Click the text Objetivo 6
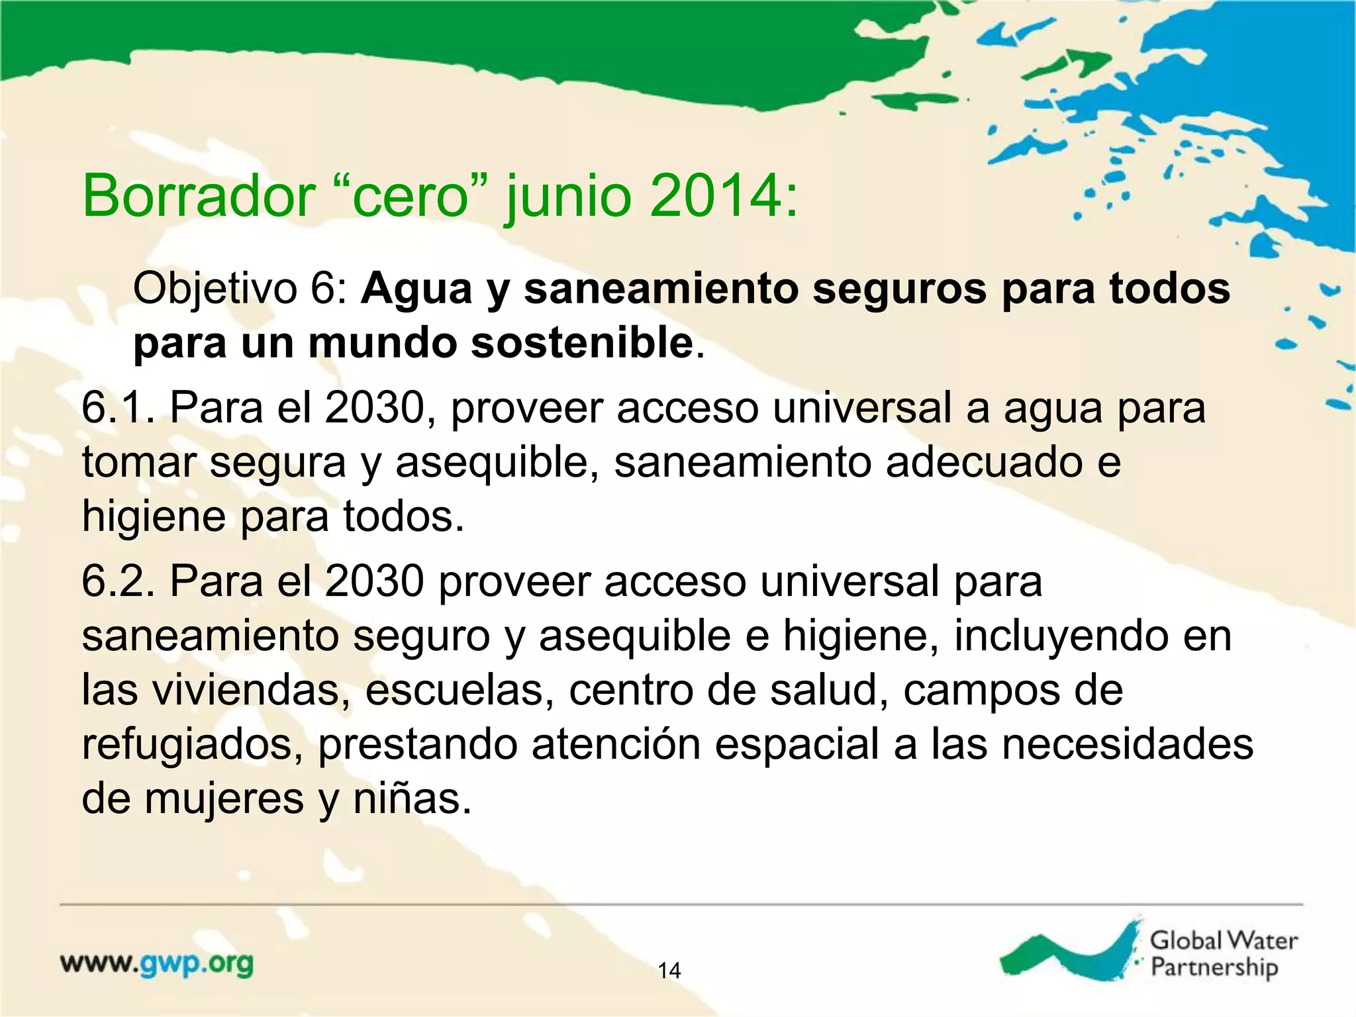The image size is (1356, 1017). (240, 289)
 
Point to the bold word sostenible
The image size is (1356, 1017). (582, 344)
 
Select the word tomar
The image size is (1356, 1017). (138, 463)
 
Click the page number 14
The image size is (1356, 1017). (669, 971)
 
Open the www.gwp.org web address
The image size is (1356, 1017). (157, 964)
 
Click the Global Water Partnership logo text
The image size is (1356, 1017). (1222, 953)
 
